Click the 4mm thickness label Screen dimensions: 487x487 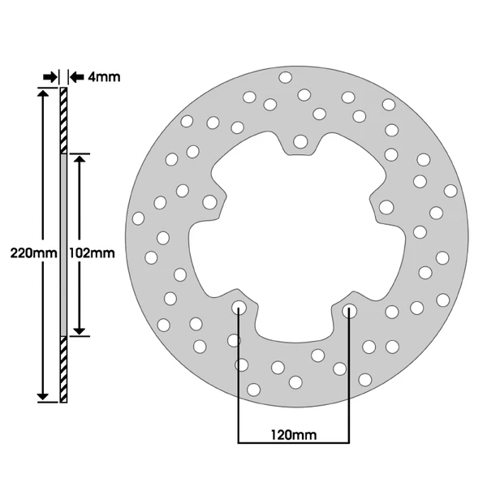104,77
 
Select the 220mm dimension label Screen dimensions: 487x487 34,252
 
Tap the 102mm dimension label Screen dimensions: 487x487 92,253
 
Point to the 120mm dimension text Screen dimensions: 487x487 294,435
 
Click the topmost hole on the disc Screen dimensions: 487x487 286,77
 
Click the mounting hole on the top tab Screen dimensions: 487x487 300,141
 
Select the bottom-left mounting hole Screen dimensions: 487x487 239,308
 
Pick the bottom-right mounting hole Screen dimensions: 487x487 349,311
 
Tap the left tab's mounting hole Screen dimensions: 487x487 209,202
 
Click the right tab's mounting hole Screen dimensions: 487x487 386,207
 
